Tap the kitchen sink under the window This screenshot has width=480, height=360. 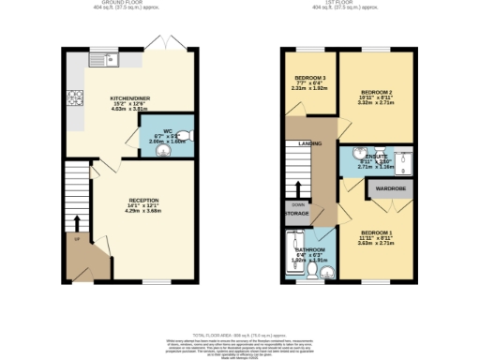102,61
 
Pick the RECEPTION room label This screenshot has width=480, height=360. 142,201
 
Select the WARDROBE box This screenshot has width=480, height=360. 389,188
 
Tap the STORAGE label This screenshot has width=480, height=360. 296,215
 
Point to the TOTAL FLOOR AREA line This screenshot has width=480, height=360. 239,335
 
